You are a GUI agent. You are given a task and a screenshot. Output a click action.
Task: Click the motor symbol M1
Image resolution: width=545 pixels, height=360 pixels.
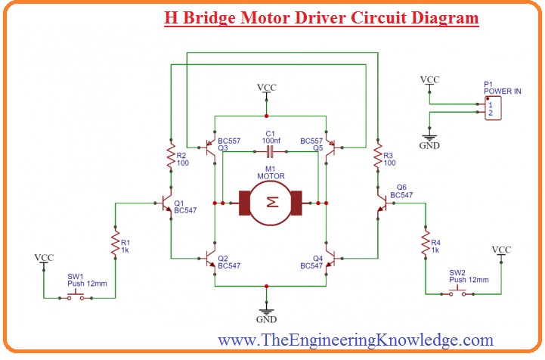click(270, 203)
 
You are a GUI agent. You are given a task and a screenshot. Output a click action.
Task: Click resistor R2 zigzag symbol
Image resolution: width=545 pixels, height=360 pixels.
click(170, 158)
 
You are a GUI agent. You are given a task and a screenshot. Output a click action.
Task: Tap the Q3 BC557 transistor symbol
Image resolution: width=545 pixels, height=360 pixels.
click(211, 144)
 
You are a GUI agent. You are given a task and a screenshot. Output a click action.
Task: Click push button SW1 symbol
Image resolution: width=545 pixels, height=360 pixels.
click(76, 296)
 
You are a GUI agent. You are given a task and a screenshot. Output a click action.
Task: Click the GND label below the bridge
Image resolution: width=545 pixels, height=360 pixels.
click(266, 320)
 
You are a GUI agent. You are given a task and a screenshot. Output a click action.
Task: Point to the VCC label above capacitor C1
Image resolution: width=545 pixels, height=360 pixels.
click(266, 88)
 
